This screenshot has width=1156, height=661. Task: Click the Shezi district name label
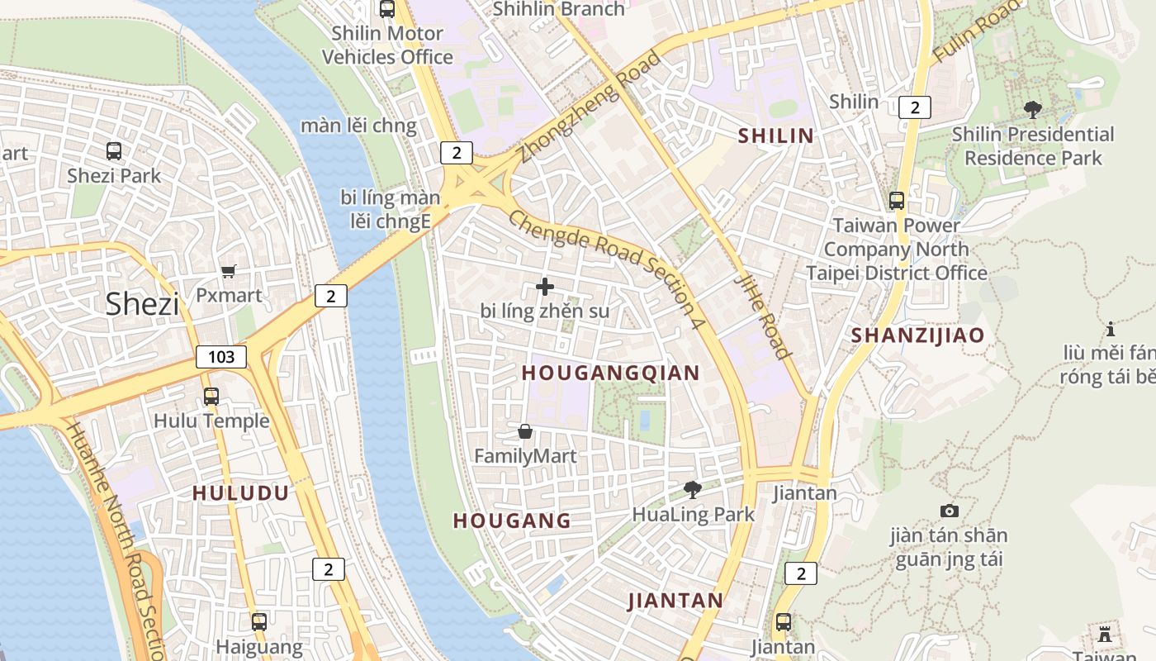142,304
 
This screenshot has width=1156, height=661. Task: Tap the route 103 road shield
221,357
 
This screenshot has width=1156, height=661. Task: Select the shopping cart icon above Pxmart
229,271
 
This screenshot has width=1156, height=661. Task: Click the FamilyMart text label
525,455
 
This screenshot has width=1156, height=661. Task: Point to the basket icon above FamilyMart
525,431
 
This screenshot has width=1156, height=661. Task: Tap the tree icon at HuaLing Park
693,490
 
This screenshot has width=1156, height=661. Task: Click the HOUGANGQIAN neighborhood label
610,373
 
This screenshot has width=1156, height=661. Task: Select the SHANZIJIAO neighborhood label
917,335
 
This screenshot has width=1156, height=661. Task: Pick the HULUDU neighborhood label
240,493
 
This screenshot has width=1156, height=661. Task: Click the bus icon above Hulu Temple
211,397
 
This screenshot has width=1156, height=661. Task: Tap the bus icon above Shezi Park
114,151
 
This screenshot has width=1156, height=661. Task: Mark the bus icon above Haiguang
259,621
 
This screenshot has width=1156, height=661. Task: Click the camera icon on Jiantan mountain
949,511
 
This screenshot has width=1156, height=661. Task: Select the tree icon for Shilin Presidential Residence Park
1032,109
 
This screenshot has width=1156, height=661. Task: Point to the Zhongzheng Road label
590,107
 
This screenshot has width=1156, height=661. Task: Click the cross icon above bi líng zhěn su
545,287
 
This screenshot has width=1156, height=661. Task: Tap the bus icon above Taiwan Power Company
897,201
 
